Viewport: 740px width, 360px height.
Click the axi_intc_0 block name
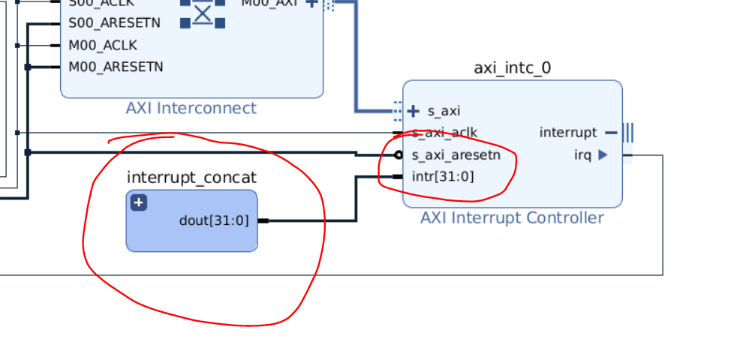(512, 68)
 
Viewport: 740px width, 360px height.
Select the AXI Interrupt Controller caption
(512, 218)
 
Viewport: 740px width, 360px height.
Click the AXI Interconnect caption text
(191, 108)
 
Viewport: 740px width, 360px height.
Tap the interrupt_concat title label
(191, 178)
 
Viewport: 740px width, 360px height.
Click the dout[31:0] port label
(213, 220)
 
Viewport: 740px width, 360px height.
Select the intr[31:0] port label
(443, 177)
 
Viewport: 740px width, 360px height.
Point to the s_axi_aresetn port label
(456, 155)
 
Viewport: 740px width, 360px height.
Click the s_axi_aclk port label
(444, 133)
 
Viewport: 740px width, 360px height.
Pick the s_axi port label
(444, 111)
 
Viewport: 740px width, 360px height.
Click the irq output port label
(582, 155)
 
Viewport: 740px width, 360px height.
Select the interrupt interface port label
(567, 133)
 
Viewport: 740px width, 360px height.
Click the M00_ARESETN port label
(116, 67)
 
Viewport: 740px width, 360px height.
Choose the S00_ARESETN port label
(114, 23)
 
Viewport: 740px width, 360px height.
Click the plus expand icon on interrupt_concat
(139, 202)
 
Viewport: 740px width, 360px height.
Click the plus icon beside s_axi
(414, 111)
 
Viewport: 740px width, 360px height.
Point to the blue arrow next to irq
(603, 155)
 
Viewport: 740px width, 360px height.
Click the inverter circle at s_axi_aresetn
(399, 155)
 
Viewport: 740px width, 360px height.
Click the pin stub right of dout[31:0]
(263, 220)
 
